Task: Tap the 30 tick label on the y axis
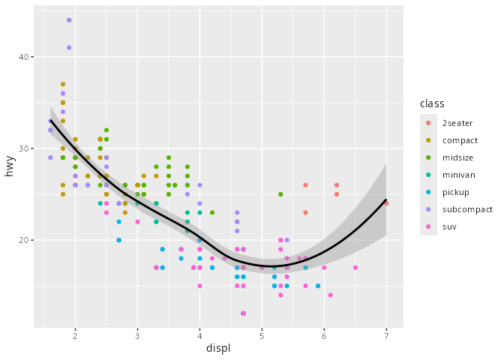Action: pyautogui.click(x=22, y=148)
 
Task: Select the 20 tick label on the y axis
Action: pyautogui.click(x=22, y=240)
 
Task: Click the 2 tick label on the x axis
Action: pyautogui.click(x=75, y=337)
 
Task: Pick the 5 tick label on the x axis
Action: pyautogui.click(x=262, y=337)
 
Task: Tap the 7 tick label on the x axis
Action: pyautogui.click(x=386, y=337)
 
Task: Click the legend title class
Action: pyautogui.click(x=433, y=103)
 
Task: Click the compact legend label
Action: pyautogui.click(x=460, y=140)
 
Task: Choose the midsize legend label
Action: pyautogui.click(x=459, y=157)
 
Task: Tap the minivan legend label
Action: pyautogui.click(x=459, y=175)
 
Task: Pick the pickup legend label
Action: pyautogui.click(x=457, y=192)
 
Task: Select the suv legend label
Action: pyautogui.click(x=450, y=226)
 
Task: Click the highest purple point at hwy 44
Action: pyautogui.click(x=69, y=20)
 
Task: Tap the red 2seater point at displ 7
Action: pyautogui.click(x=386, y=203)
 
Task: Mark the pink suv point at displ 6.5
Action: pyautogui.click(x=355, y=268)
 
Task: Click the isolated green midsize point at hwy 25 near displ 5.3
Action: pyautogui.click(x=280, y=194)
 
